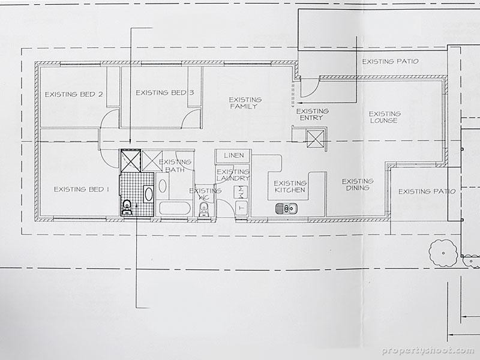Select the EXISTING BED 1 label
[x=82, y=189]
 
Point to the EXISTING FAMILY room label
[x=244, y=103]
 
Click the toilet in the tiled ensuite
[x=127, y=208]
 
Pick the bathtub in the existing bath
[x=173, y=209]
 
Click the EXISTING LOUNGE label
[x=384, y=117]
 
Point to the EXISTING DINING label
[x=357, y=184]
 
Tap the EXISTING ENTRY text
[x=313, y=114]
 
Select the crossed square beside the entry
[x=315, y=139]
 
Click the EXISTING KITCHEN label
[x=289, y=187]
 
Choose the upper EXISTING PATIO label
[x=390, y=61]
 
